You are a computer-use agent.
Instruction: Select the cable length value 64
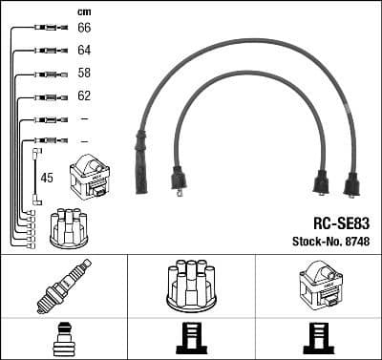[84, 51]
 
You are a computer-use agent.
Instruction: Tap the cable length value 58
[84, 74]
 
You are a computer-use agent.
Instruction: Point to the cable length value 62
[84, 96]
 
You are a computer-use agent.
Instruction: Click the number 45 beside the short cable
[47, 178]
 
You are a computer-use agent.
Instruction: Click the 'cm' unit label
[83, 11]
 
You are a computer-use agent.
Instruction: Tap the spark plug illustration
[63, 286]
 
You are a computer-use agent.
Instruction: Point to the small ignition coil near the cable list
[90, 177]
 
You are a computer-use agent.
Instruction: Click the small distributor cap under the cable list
[69, 227]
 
